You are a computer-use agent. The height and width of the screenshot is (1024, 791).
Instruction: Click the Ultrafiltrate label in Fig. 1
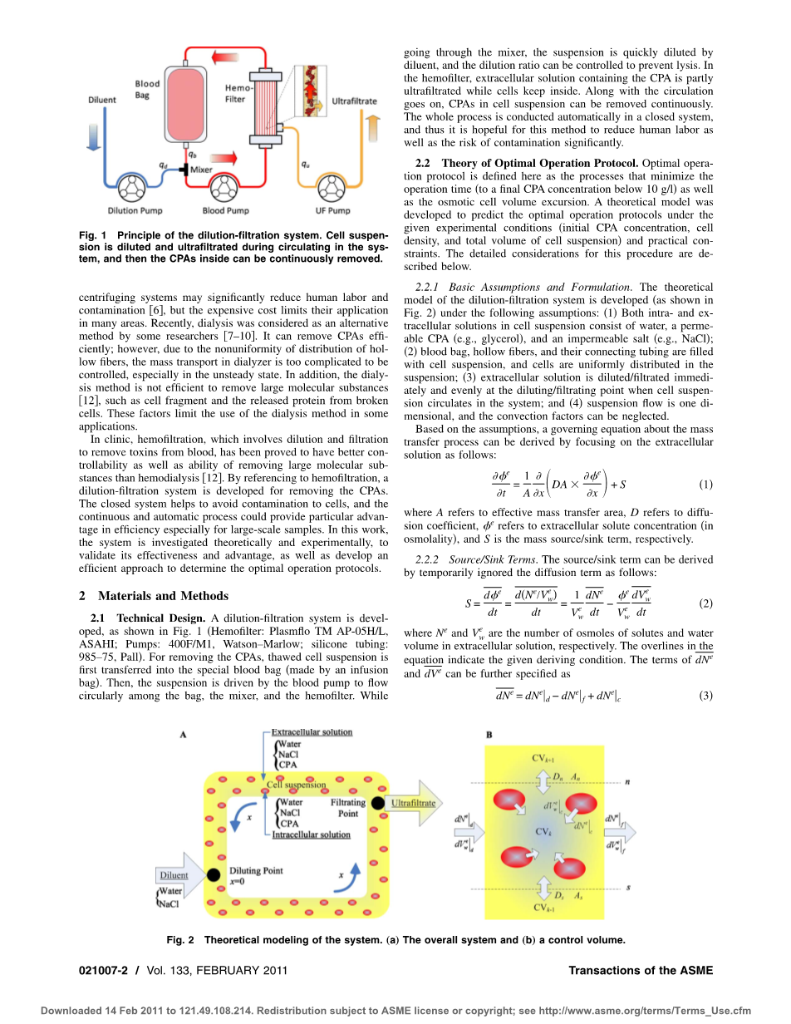354,101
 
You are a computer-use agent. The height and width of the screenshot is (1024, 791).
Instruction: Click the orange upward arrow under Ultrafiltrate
372,129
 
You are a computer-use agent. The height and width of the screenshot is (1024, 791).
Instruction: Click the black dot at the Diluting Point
214,875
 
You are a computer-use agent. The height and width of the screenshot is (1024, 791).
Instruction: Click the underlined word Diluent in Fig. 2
173,874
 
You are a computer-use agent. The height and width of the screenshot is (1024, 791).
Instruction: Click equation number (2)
705,602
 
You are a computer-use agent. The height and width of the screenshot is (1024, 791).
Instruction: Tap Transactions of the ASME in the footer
641,970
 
